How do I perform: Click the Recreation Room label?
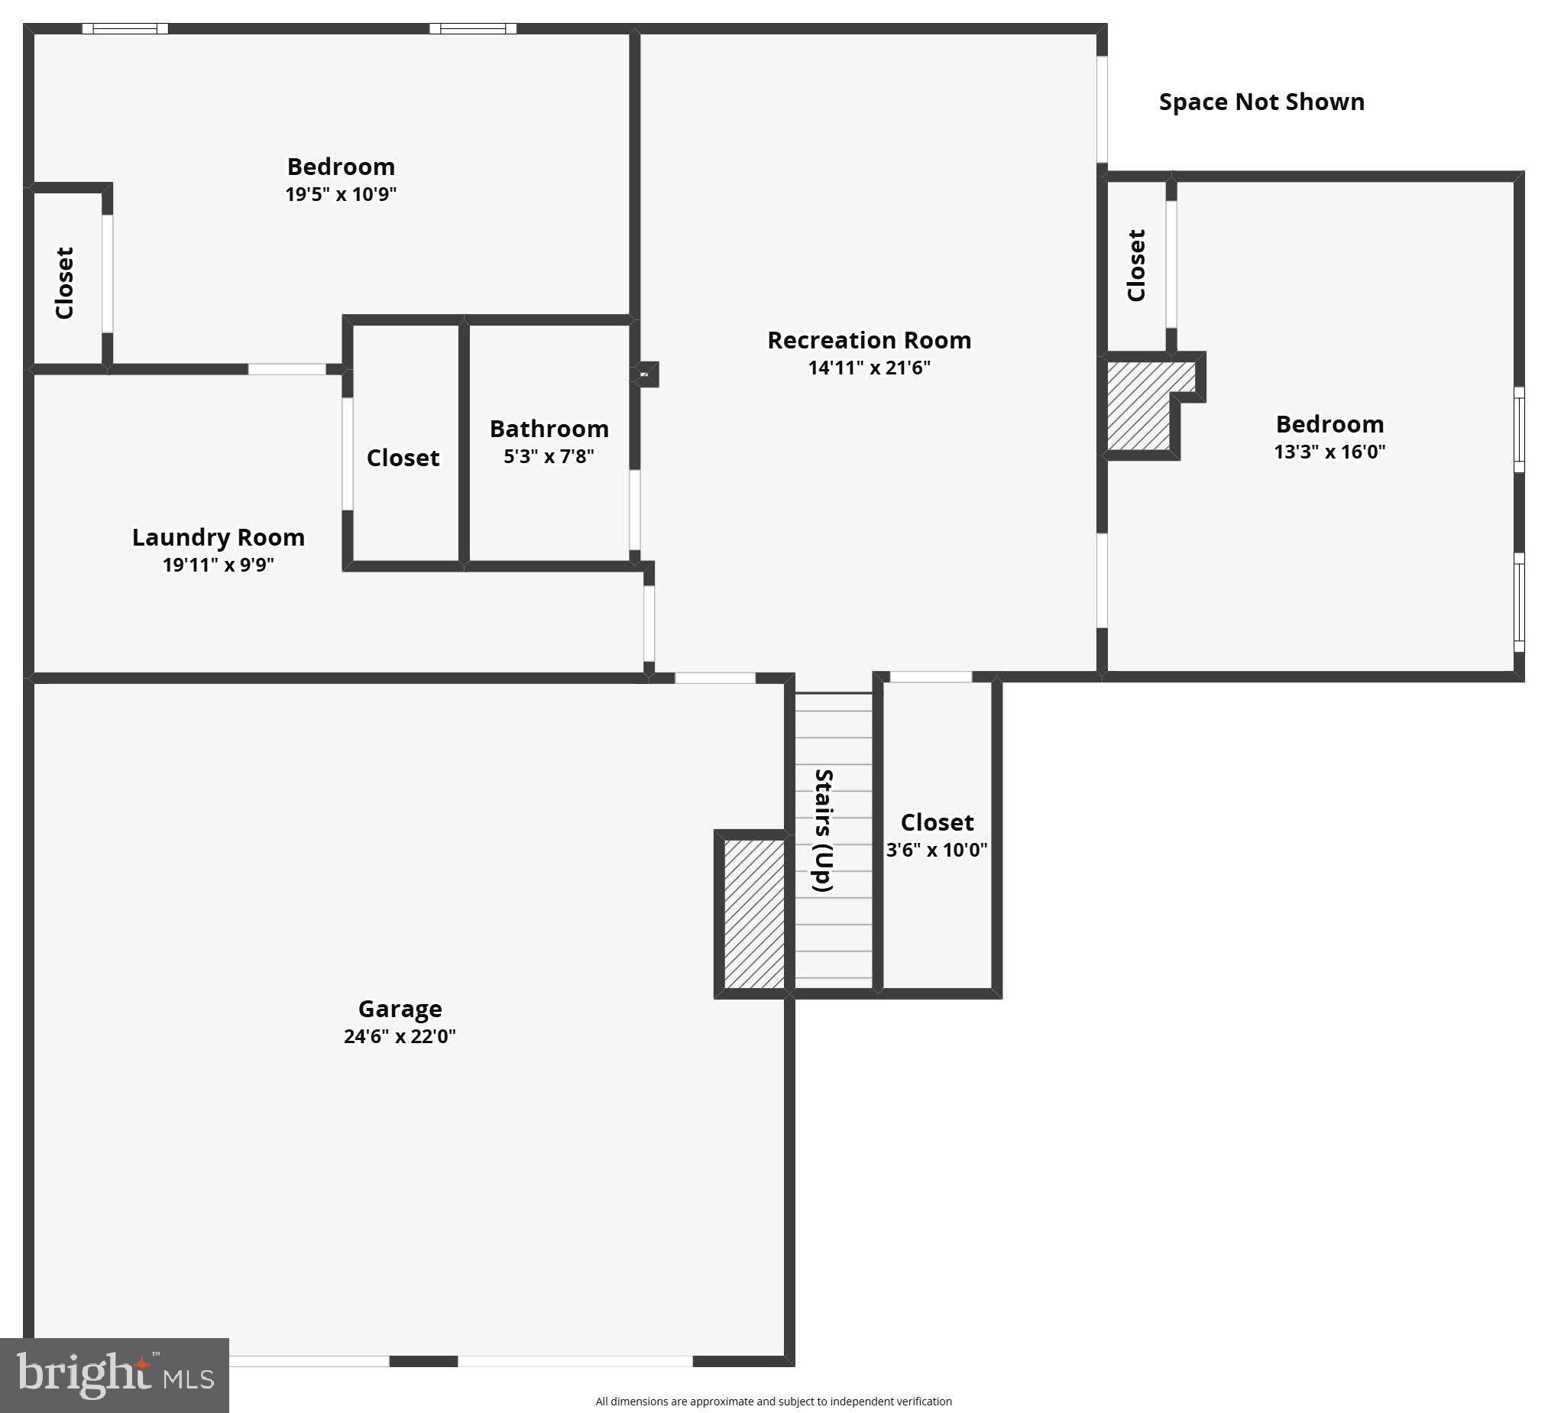click(x=870, y=340)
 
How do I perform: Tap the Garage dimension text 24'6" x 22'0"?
click(x=400, y=1036)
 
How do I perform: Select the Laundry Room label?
click(x=218, y=536)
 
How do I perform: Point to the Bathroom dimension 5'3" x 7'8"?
click(x=549, y=456)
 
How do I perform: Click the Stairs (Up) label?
click(x=823, y=830)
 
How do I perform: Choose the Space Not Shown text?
click(x=1261, y=102)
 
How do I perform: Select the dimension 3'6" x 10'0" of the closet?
click(x=936, y=849)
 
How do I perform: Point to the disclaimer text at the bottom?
click(x=773, y=1402)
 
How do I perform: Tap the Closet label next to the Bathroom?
click(x=403, y=458)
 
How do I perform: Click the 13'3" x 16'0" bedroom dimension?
click(x=1329, y=452)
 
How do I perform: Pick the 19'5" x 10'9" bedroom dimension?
click(x=340, y=193)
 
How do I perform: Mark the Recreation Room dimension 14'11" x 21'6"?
click(x=869, y=367)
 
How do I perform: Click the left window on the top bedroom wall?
click(x=125, y=28)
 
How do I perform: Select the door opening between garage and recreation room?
click(x=715, y=677)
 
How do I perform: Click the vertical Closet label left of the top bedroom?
click(x=64, y=283)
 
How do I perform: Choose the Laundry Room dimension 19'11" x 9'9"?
click(x=218, y=565)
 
